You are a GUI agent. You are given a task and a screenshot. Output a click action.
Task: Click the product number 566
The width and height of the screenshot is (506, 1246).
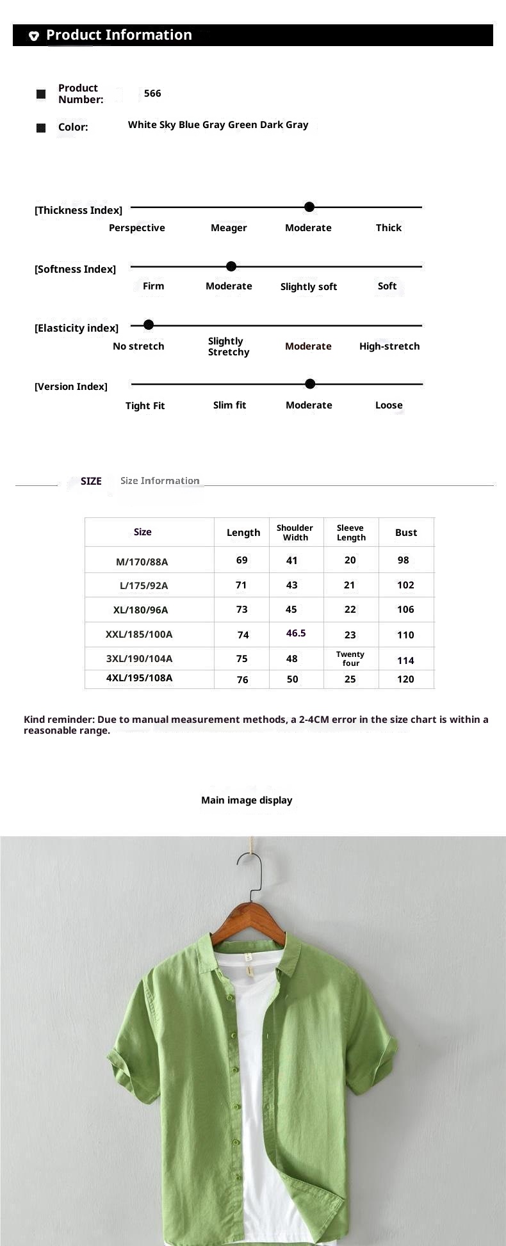click(152, 93)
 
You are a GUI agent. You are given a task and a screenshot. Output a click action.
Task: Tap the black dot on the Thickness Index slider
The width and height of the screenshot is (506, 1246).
click(309, 207)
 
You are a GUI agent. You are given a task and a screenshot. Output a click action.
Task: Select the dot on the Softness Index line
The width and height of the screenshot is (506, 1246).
click(231, 266)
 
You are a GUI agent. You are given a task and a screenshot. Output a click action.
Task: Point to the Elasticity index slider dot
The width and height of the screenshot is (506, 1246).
click(149, 325)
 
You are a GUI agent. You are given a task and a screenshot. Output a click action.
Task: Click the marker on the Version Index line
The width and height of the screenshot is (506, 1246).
click(310, 384)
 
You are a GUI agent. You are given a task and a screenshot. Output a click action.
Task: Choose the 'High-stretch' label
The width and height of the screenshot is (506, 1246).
click(389, 346)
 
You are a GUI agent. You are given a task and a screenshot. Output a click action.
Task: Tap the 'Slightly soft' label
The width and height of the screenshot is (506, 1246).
click(309, 287)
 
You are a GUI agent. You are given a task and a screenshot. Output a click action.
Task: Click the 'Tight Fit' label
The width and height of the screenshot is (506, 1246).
click(145, 406)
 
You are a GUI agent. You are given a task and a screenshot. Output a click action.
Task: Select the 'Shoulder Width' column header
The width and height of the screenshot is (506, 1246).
click(295, 533)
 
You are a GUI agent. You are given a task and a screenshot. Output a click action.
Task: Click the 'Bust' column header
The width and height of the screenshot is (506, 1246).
click(406, 533)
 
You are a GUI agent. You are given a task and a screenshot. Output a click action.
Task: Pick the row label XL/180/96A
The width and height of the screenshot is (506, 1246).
click(141, 610)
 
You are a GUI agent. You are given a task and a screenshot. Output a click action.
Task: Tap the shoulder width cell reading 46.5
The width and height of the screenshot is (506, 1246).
click(296, 633)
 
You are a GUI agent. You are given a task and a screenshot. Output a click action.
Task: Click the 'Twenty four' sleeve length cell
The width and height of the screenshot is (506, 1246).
click(350, 659)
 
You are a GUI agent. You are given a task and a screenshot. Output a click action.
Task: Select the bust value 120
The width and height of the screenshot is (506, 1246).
click(405, 679)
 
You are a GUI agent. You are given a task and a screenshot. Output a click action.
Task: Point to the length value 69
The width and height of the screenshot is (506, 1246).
click(241, 560)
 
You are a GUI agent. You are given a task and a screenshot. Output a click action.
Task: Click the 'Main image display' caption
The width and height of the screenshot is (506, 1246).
click(247, 800)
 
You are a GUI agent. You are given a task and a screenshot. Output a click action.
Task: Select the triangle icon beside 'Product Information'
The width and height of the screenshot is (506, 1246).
click(34, 36)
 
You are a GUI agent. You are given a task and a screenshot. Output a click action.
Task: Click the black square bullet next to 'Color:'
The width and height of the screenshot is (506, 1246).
click(41, 128)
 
